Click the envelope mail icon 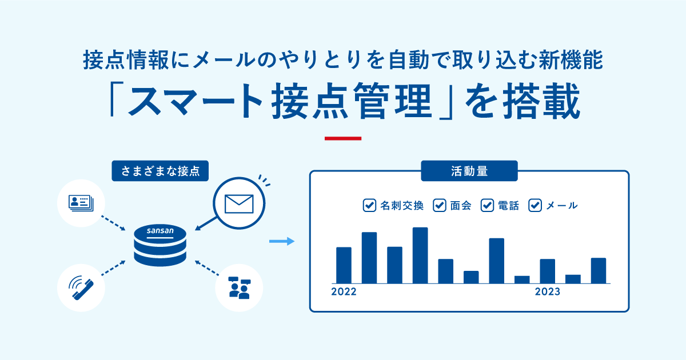click(238, 203)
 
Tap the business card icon click(81, 203)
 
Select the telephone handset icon click(81, 287)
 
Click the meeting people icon click(238, 287)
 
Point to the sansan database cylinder click(160, 246)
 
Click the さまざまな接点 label click(160, 170)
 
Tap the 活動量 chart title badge click(469, 170)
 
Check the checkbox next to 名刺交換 click(369, 206)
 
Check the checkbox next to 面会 click(439, 206)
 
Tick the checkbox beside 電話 click(487, 206)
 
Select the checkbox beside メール click(535, 206)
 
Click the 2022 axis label click(344, 292)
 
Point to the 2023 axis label click(547, 292)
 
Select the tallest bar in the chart click(420, 255)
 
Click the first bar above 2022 click(344, 265)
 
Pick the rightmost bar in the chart click(599, 271)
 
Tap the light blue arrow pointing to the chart click(281, 242)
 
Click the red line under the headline click(343, 138)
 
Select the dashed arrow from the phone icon click(113, 269)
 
